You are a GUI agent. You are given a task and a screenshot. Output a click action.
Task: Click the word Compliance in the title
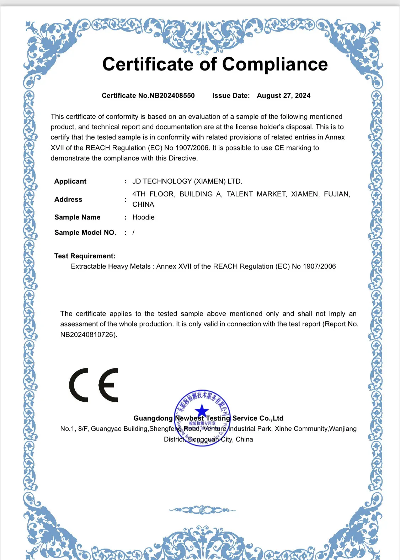275,64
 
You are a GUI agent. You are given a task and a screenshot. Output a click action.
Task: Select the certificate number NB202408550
172,96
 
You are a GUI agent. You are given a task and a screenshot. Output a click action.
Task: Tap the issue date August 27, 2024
283,96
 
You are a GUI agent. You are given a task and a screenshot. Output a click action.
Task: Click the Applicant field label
70,181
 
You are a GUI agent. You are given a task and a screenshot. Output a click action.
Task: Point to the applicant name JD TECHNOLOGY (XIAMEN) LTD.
187,181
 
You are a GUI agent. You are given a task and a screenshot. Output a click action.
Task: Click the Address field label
68,200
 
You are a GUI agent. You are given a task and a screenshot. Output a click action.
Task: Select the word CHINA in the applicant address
143,205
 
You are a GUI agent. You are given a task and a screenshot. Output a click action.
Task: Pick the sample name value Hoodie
143,217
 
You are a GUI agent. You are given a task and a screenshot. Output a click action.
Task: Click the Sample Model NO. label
85,233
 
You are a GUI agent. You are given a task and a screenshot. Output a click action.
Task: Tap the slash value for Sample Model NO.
133,233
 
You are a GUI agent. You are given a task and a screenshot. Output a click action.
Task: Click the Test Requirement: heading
85,256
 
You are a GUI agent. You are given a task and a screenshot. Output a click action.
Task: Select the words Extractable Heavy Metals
111,266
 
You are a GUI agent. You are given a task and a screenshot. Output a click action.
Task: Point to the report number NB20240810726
87,335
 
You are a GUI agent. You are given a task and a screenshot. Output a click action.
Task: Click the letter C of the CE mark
79,385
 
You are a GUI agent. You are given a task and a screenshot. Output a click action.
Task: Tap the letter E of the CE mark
108,385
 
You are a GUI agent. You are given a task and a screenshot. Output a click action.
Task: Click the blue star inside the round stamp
202,411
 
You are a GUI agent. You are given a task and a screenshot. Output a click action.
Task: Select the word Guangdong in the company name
153,418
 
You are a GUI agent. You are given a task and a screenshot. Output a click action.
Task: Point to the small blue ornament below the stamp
202,510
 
